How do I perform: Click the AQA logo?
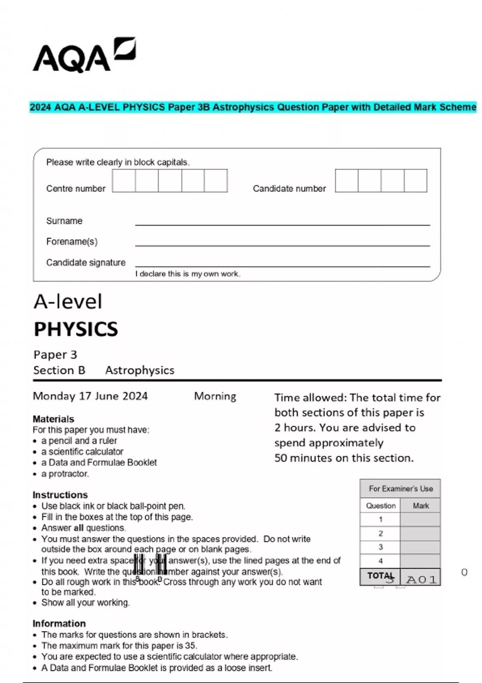84,55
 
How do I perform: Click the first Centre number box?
124,181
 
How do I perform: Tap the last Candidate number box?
415,181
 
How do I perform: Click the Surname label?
64,221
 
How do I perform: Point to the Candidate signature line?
282,266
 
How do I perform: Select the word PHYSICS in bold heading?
76,329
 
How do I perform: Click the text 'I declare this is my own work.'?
188,274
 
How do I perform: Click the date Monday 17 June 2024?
90,396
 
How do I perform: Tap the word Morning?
215,396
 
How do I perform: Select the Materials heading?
53,419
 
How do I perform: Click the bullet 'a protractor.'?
65,474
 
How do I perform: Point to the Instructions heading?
60,495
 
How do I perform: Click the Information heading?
59,624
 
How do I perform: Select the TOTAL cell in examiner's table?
380,576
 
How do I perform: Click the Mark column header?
421,506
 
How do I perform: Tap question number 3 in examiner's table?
380,547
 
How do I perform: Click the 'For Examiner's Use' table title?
400,489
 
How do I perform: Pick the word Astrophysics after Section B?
140,370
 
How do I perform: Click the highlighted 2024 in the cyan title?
41,107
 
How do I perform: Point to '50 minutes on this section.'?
344,458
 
